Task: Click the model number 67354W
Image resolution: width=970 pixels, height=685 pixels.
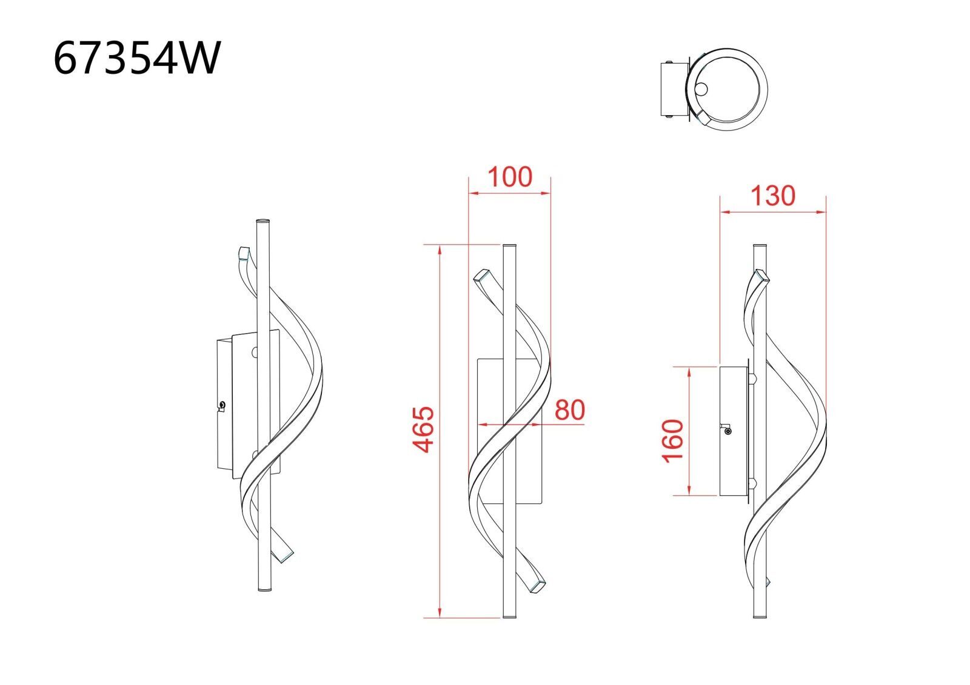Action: (x=137, y=58)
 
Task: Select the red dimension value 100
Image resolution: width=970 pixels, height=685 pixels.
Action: (x=510, y=177)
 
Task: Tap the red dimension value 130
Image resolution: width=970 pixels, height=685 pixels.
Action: (x=773, y=196)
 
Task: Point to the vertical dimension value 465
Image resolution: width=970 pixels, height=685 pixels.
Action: (x=423, y=429)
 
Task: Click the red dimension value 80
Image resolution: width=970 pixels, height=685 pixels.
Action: (x=570, y=410)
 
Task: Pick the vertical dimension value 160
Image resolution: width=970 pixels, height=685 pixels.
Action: (x=674, y=441)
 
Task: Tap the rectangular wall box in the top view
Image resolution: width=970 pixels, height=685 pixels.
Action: (x=674, y=90)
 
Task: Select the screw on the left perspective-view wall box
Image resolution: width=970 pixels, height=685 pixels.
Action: (x=222, y=405)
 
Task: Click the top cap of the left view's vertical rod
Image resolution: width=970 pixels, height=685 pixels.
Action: (x=263, y=221)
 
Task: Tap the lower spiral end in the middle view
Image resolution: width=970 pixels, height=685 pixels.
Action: (x=537, y=586)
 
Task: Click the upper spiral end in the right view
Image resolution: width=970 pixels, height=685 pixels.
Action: (x=762, y=275)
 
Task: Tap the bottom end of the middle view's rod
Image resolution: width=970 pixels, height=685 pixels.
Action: (x=510, y=616)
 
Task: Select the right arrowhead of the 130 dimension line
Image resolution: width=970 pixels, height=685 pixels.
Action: (x=822, y=212)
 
